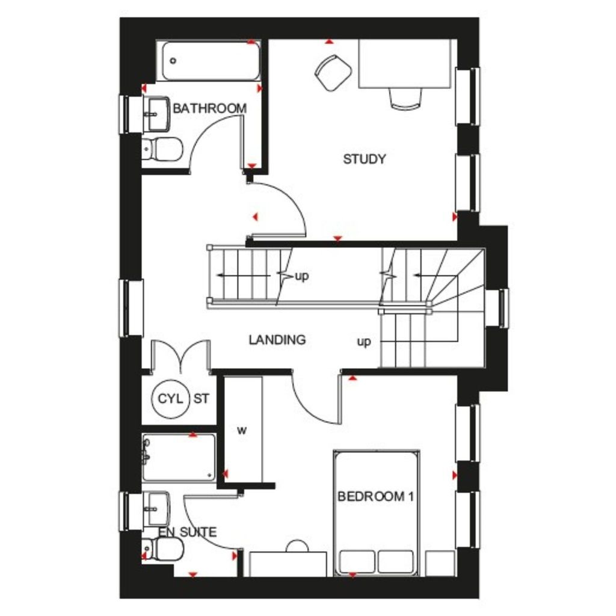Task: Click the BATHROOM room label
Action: point(209,109)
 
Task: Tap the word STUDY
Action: point(364,159)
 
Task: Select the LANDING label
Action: point(277,340)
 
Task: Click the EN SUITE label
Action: point(188,532)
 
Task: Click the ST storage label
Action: point(202,398)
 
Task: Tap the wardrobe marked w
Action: point(243,430)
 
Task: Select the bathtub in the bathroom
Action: point(210,61)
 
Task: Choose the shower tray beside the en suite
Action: point(179,457)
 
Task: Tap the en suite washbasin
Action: point(158,508)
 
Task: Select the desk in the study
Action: point(405,64)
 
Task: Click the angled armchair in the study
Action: point(333,72)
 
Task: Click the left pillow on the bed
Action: point(357,561)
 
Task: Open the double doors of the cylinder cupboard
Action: point(180,356)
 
